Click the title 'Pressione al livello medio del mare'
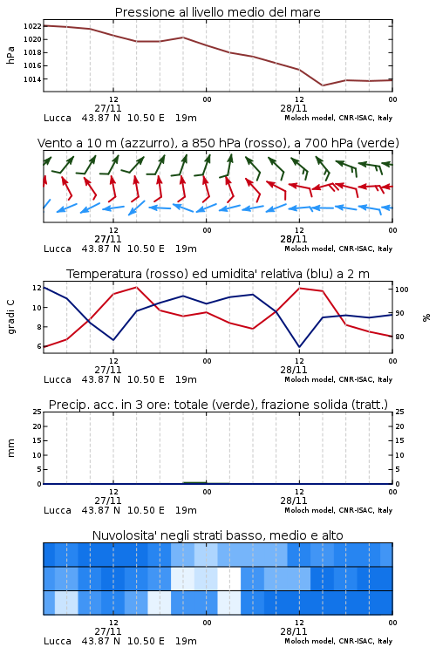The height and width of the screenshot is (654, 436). point(218,12)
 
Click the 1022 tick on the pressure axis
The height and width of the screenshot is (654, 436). point(32,26)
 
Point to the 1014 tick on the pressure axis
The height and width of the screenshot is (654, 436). point(32,79)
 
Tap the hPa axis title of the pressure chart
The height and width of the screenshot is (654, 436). point(10,55)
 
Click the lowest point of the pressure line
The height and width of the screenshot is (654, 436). point(323,85)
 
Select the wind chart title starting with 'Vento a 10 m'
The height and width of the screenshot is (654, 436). point(218,143)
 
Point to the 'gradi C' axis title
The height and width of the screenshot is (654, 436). point(10,317)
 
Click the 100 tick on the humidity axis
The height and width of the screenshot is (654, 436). point(402,290)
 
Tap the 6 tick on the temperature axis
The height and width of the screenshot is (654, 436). point(38,346)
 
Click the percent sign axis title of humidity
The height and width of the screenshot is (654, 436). point(426,317)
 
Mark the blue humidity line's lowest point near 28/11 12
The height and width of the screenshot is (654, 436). point(300,347)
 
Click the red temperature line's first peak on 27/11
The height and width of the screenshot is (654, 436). point(136,287)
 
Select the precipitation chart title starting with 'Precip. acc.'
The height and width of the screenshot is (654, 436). point(218,405)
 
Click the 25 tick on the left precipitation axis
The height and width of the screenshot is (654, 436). point(37,412)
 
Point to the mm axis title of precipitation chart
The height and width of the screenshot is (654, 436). point(10,448)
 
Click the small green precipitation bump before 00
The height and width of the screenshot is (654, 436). point(194,482)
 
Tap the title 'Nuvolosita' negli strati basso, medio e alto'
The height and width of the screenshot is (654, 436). point(218,535)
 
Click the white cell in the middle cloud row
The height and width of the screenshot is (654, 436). point(229,578)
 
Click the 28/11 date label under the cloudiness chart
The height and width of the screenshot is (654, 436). point(293,631)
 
